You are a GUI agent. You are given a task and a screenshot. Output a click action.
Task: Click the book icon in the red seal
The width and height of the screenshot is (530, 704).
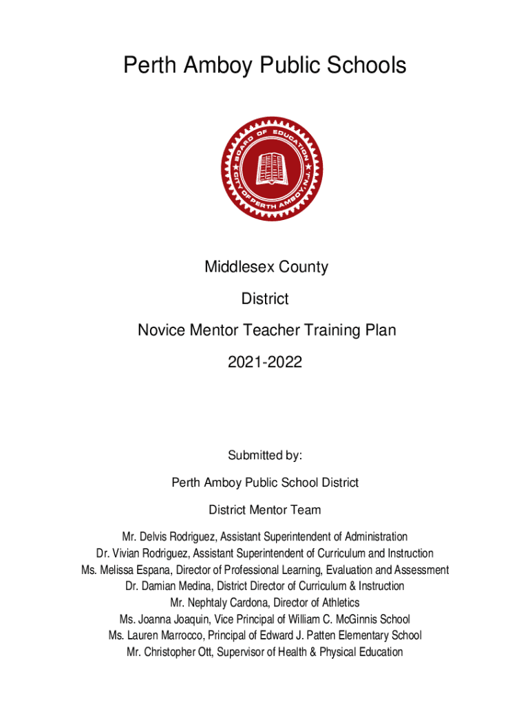coord(271,168)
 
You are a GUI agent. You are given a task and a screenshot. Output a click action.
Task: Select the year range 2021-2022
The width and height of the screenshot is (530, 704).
coord(265,362)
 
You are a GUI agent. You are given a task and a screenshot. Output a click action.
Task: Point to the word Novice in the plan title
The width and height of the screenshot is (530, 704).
coord(161,331)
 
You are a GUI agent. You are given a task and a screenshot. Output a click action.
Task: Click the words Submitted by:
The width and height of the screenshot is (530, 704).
coord(265,455)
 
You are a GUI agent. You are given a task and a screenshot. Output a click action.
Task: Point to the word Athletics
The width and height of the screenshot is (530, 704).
coord(339,603)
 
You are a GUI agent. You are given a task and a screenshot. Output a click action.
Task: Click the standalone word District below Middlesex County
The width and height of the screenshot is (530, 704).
coord(265,299)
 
